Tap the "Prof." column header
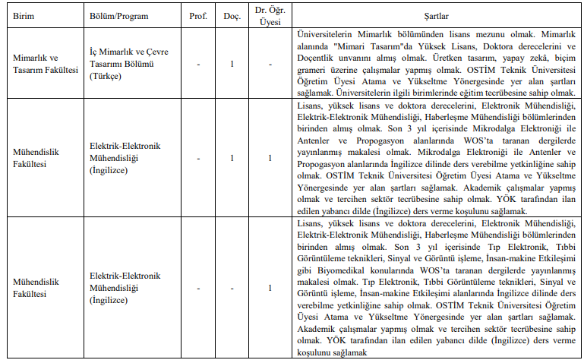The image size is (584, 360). [x=197, y=16]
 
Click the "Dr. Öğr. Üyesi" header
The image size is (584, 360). [x=270, y=16]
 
